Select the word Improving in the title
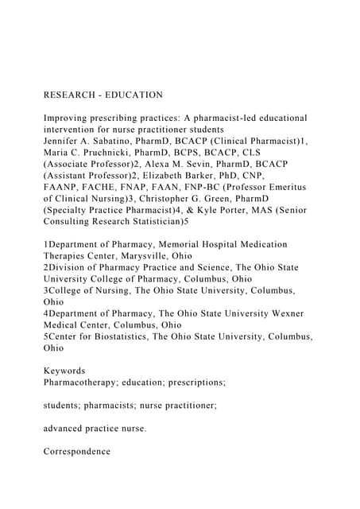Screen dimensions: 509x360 click(69, 119)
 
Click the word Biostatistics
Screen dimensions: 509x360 click(129, 336)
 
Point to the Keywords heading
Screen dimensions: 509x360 click(64, 371)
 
